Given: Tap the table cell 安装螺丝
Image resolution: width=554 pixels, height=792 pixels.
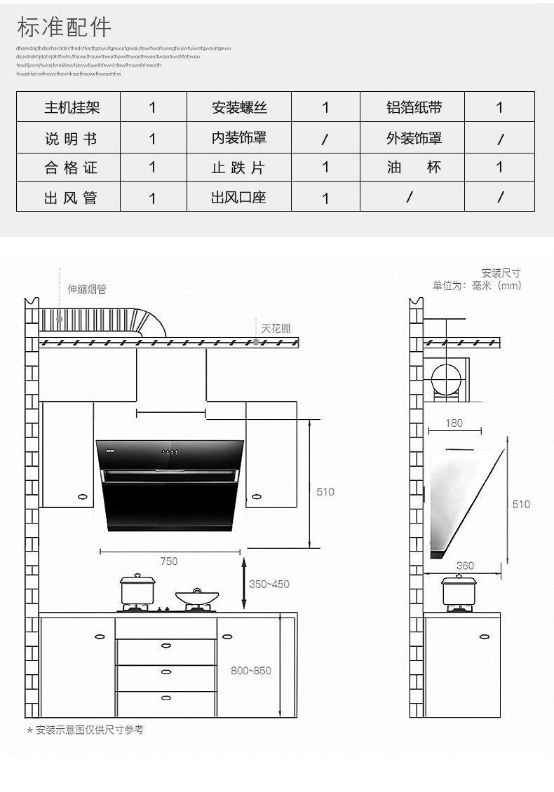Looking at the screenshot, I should (x=239, y=108).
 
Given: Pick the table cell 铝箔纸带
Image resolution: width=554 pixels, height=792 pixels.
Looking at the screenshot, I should (x=414, y=108).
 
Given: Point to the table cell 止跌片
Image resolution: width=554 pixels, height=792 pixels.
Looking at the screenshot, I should (x=239, y=168).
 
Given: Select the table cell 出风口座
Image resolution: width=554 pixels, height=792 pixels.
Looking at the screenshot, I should (x=239, y=198).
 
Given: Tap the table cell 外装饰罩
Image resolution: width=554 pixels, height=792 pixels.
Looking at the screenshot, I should (x=414, y=139).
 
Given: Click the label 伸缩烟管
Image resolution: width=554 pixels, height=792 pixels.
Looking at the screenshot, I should (x=87, y=289).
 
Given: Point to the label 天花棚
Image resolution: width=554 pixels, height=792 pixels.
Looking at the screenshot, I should (x=276, y=328).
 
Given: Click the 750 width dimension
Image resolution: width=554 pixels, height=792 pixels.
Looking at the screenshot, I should (x=169, y=561).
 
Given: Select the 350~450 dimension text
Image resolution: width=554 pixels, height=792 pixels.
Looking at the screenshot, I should (x=269, y=584).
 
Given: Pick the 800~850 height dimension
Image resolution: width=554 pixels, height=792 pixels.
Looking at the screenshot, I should (x=251, y=671).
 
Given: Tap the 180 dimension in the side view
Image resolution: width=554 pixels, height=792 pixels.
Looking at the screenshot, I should (x=454, y=423).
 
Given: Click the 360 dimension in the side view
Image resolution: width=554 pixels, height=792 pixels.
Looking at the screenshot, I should (x=464, y=566).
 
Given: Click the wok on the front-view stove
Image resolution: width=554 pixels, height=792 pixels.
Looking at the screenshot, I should (x=197, y=596).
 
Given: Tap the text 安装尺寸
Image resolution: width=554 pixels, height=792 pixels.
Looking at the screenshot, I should (x=501, y=273).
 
